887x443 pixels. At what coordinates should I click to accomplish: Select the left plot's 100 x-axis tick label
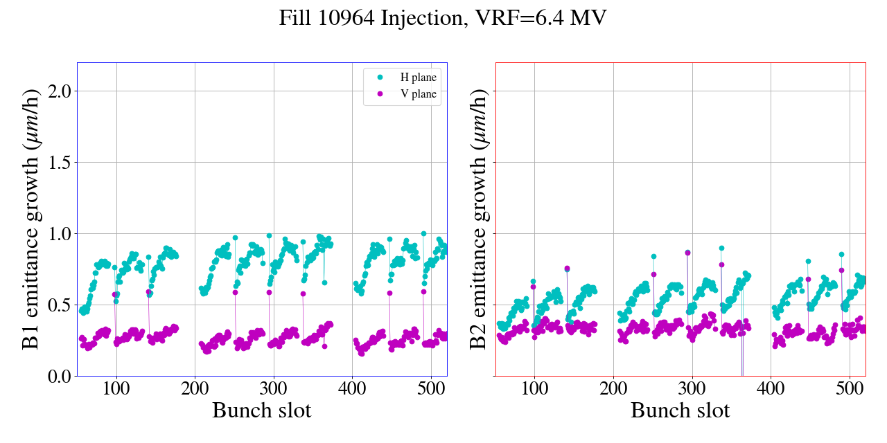pos(116,388)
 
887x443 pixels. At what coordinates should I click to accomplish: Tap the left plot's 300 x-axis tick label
pos(274,388)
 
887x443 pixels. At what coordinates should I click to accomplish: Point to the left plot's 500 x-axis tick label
pos(431,388)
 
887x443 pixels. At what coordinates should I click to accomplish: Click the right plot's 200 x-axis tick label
pos(613,388)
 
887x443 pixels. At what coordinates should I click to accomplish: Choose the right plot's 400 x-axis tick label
pos(771,388)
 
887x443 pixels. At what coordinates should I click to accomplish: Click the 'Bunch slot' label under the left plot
pos(261,410)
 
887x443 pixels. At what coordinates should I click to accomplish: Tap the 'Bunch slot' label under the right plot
pos(680,410)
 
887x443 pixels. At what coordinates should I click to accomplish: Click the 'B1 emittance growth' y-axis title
pos(31,219)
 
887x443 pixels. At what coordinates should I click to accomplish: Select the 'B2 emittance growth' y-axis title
pos(478,219)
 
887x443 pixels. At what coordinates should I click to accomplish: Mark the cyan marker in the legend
pos(379,77)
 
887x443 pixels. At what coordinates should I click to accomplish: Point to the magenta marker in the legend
pos(379,94)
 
